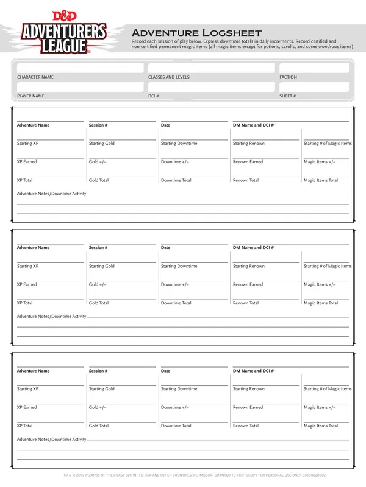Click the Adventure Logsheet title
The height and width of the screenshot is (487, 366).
coord(196,32)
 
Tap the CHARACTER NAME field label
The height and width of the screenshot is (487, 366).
coord(35,77)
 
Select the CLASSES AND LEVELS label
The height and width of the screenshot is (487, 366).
coord(169,77)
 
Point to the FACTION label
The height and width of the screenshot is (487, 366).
coord(289,77)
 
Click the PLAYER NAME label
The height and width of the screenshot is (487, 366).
coord(30,96)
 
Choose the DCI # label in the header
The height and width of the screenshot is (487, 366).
coord(154,96)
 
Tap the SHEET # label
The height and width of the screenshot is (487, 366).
coord(288,96)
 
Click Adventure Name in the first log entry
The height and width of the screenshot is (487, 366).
coord(34,125)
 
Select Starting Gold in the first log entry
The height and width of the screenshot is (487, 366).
coord(102,144)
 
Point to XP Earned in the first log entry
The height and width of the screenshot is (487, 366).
coord(27,162)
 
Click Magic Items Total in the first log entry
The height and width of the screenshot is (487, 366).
coord(321,180)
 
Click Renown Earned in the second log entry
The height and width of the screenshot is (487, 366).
coord(248,284)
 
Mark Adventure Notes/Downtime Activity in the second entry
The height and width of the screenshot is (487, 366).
coord(52,317)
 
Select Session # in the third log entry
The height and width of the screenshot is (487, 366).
coord(98,371)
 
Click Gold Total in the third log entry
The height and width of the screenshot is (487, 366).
coord(99,426)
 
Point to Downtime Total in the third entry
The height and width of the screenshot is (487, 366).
coord(176,426)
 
